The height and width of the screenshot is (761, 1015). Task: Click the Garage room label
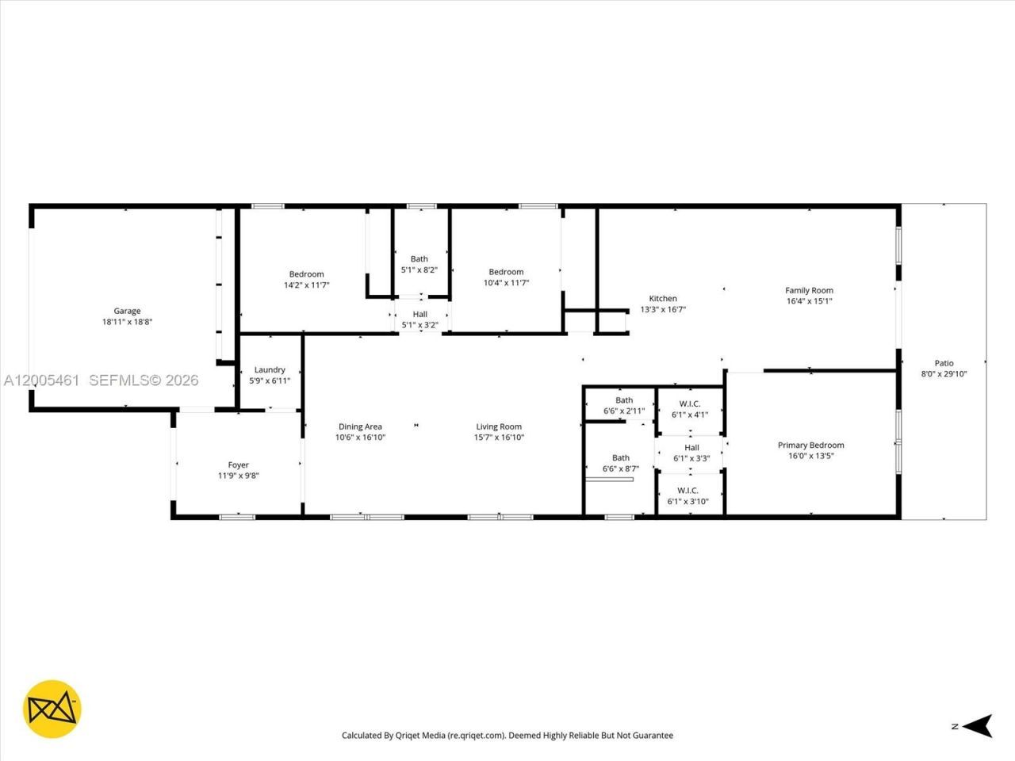pos(127,312)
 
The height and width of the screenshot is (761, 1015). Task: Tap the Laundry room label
pos(270,370)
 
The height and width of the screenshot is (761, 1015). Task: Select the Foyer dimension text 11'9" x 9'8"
pos(239,476)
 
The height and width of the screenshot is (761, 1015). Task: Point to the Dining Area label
pos(360,426)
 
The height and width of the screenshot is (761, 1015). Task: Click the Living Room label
pos(499,426)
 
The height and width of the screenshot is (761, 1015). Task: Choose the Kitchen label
pos(663,299)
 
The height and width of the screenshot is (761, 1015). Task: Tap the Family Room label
pos(809,291)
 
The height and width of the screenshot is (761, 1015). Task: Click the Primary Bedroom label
pos(810,446)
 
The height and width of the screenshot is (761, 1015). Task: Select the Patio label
pos(944,363)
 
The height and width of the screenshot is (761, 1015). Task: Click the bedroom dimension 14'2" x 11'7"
pos(306,285)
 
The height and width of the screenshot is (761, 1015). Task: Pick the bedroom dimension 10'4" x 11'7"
pos(506,282)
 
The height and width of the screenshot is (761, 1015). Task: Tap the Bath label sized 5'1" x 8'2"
pos(419,259)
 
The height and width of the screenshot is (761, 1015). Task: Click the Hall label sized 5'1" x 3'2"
pos(419,315)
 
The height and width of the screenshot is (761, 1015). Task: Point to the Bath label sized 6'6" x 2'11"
pos(624,400)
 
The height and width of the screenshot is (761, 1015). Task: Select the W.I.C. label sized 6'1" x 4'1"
pos(689,403)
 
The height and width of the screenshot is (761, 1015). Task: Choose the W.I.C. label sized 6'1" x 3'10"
pos(688,491)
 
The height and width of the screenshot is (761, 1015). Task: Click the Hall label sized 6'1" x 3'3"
pos(691,448)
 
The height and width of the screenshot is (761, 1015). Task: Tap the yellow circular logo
pos(52,709)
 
